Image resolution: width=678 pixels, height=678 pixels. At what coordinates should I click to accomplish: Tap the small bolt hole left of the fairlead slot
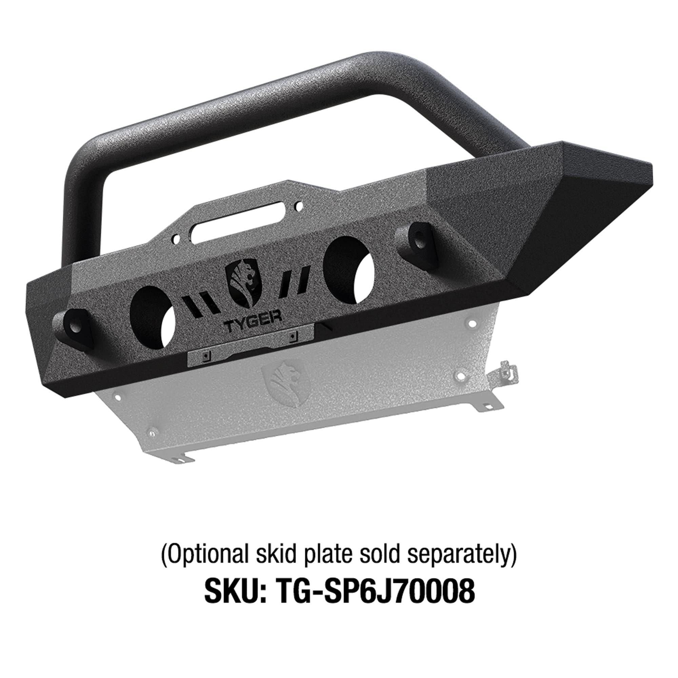[x=176, y=240]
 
